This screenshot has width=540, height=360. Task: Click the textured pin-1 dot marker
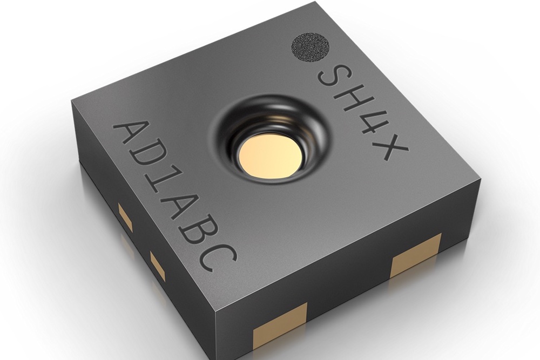click(x=311, y=47)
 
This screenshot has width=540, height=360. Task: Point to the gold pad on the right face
click(x=416, y=259)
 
